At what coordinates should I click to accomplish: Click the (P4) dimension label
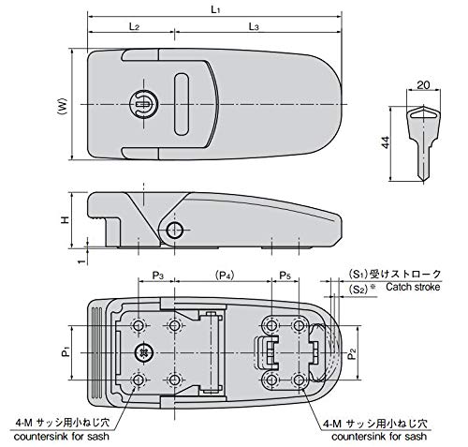click(225, 276)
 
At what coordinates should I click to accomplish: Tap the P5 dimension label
click(285, 276)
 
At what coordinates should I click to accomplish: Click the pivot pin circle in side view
click(172, 230)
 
